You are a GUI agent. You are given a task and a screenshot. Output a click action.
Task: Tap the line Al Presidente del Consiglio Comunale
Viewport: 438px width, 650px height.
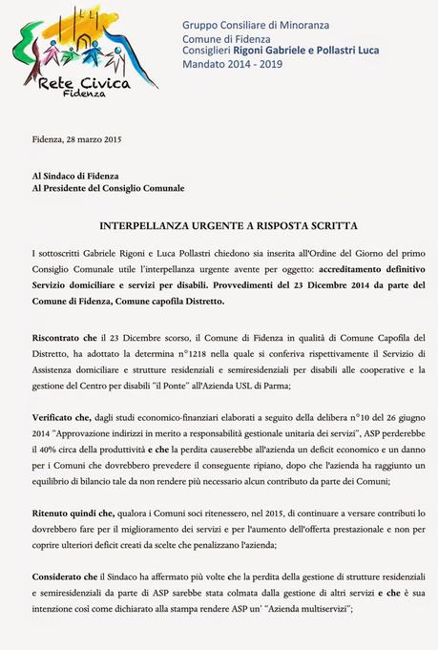click(x=108, y=188)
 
